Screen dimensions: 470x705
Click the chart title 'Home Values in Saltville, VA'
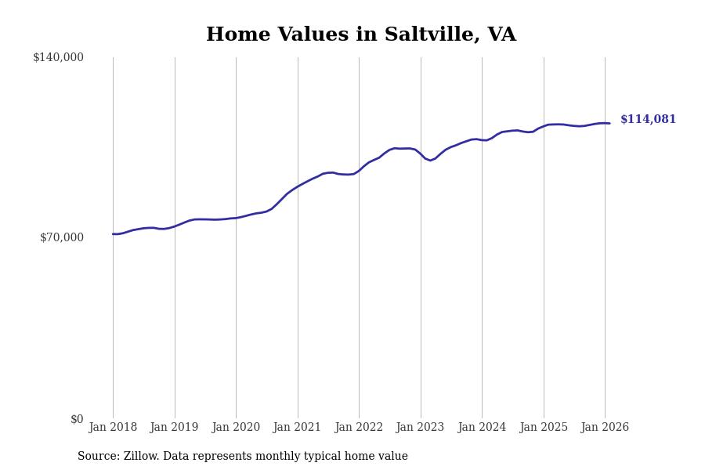(361, 35)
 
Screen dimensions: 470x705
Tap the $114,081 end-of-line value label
(648, 120)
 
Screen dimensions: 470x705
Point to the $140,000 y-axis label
(58, 57)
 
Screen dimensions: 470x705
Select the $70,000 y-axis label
(61, 237)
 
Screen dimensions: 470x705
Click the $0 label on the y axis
(77, 419)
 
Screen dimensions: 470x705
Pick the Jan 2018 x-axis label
(113, 428)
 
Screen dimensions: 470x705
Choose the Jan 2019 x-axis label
(175, 428)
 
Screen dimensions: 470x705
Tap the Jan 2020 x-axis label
(236, 428)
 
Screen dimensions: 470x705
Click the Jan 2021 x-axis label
(298, 428)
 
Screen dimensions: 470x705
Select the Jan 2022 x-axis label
(359, 428)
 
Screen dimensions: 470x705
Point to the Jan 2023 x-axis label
(421, 428)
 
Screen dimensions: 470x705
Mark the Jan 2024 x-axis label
(482, 428)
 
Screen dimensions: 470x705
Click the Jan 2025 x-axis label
(544, 428)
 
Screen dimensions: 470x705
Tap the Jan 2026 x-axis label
(605, 428)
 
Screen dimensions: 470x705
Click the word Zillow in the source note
(141, 457)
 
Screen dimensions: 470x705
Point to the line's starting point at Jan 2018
(113, 233)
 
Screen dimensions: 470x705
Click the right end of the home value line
(609, 123)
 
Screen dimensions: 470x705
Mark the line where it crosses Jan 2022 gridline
(359, 170)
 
